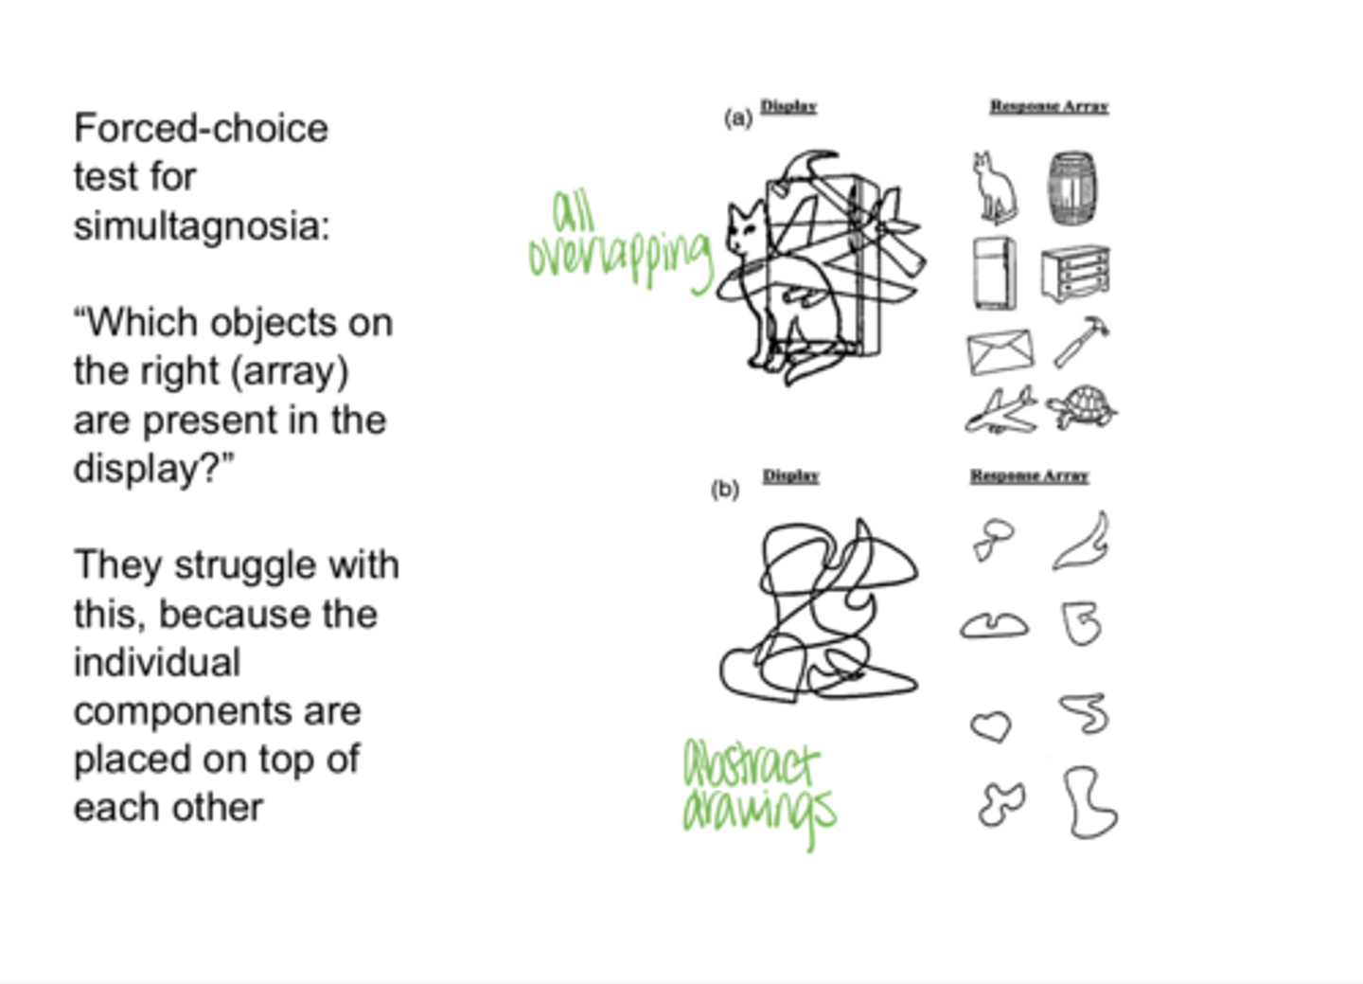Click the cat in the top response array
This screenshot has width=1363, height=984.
(994, 188)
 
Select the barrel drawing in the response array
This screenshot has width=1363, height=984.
(1072, 188)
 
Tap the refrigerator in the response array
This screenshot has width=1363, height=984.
(994, 274)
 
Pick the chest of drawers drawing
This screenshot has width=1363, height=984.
(1075, 273)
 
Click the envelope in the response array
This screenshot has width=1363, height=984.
(1000, 351)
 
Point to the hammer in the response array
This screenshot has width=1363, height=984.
(1081, 341)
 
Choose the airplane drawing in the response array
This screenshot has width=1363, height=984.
(1000, 410)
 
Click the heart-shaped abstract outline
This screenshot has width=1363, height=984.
(991, 726)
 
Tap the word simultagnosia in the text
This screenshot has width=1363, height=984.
(202, 226)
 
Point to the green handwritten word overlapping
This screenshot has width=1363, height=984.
(620, 257)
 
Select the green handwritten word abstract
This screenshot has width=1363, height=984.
(751, 765)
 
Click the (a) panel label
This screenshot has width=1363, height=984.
(737, 117)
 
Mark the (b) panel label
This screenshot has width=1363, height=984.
(724, 489)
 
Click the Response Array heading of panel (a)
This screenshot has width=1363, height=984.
(1049, 106)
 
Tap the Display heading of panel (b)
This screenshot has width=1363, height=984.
(790, 475)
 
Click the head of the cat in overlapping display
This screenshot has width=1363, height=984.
(745, 227)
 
